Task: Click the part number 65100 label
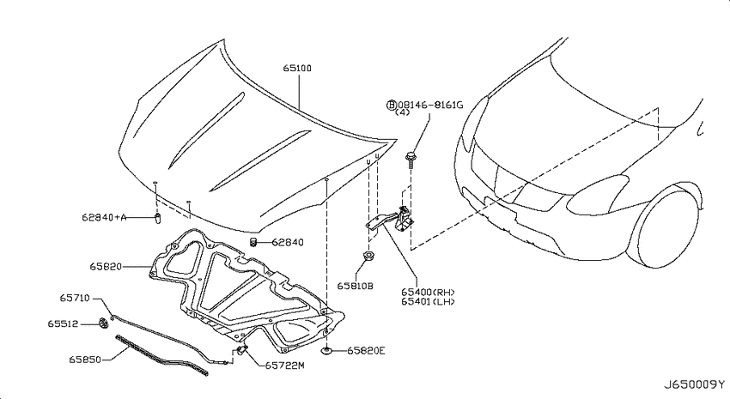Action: click(297, 69)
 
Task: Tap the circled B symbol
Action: click(392, 105)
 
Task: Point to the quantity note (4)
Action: click(402, 112)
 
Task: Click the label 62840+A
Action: click(104, 217)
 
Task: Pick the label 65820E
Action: click(366, 351)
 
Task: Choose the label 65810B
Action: click(356, 287)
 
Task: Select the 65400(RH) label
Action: click(428, 292)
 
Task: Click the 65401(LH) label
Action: click(428, 301)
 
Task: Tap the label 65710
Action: click(75, 298)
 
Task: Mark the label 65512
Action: click(63, 323)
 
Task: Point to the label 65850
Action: click(85, 360)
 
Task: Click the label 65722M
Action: click(284, 366)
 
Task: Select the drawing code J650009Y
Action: click(694, 384)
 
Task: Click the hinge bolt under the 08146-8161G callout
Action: click(411, 160)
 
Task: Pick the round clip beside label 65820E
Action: click(328, 351)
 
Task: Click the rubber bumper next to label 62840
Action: click(253, 242)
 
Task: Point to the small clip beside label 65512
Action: click(103, 323)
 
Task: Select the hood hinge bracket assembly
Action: click(390, 220)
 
